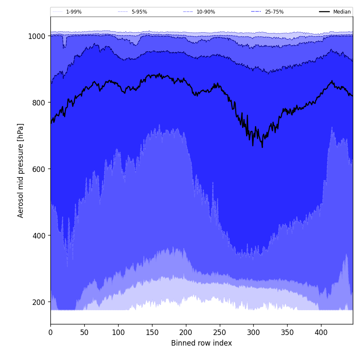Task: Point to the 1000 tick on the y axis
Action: point(37,36)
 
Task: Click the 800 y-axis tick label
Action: point(39,102)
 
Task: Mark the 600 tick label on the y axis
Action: point(39,169)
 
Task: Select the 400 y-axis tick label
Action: point(39,235)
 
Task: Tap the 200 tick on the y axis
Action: point(39,302)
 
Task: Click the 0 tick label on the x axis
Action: point(50,332)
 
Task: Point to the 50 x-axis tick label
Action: point(84,332)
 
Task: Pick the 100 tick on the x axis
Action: point(118,332)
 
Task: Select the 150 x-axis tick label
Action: point(152,332)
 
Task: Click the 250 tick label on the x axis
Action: point(219,332)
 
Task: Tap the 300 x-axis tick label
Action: point(253,332)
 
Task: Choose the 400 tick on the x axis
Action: point(321,332)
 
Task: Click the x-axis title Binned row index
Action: point(202,343)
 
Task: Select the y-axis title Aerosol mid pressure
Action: point(21,170)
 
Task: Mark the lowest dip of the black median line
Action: point(262,147)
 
